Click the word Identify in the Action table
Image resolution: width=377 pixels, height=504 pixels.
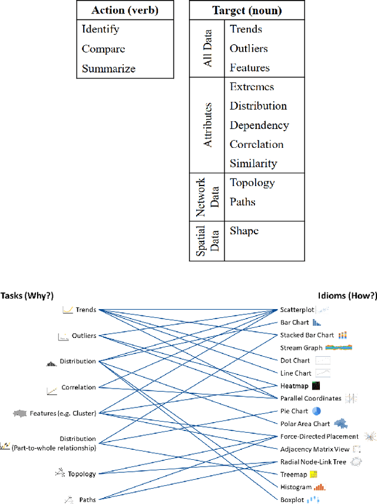pyautogui.click(x=100, y=29)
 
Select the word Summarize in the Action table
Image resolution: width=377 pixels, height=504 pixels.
pyautogui.click(x=108, y=68)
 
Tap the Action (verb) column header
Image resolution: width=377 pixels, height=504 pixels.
pyautogui.click(x=125, y=10)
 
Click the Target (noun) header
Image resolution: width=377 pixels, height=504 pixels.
pyautogui.click(x=246, y=10)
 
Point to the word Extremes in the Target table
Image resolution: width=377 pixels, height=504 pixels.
pyautogui.click(x=252, y=87)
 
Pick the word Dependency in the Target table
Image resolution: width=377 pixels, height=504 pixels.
pyautogui.click(x=259, y=125)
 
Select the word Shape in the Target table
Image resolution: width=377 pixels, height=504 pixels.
pyautogui.click(x=244, y=231)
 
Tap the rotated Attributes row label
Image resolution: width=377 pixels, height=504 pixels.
pyautogui.click(x=207, y=125)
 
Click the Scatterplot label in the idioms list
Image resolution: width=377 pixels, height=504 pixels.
pyautogui.click(x=297, y=310)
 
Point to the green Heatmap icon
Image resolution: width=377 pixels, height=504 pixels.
pyautogui.click(x=316, y=386)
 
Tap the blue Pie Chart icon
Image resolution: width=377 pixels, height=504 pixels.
pyautogui.click(x=316, y=411)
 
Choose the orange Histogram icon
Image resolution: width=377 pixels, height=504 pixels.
pyautogui.click(x=319, y=487)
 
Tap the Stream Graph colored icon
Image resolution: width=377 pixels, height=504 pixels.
pyautogui.click(x=339, y=347)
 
